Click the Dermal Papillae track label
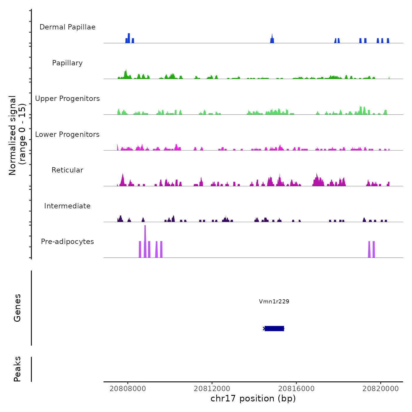[67, 27]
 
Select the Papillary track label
[67, 63]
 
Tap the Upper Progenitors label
[67, 99]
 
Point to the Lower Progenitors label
[67, 134]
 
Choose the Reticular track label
[67, 170]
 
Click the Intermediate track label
[67, 206]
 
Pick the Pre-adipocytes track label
[67, 242]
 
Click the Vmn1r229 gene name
[274, 301]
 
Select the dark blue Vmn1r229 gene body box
[274, 328]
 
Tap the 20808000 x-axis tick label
[128, 388]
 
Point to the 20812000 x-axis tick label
[212, 388]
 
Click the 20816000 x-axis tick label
[296, 388]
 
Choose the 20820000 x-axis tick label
[381, 388]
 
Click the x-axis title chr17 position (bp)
[253, 398]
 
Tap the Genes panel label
[17, 308]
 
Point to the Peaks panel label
[17, 369]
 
